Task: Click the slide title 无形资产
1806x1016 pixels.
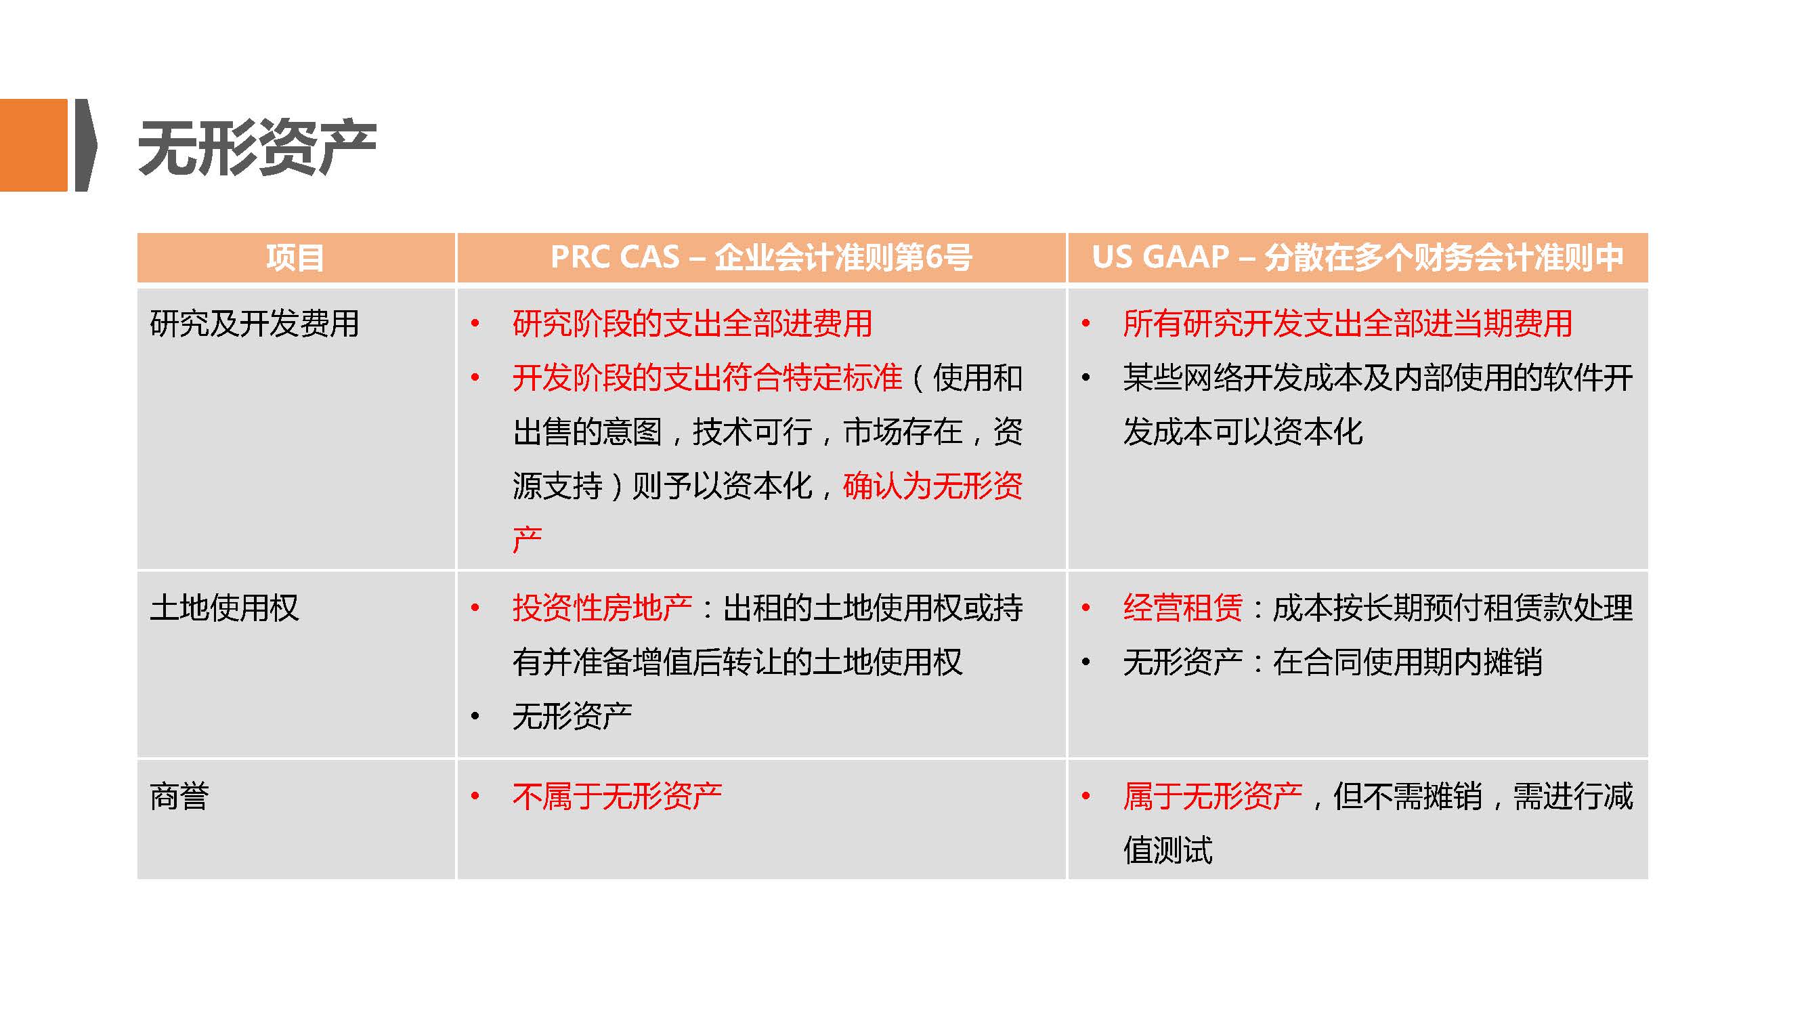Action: [257, 148]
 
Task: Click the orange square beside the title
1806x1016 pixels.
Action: [34, 145]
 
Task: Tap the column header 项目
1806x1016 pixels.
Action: [295, 257]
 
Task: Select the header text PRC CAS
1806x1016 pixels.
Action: [615, 257]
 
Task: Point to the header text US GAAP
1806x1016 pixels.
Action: [1160, 257]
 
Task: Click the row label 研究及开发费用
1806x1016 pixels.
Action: [255, 323]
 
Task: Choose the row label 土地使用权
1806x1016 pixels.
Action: [224, 607]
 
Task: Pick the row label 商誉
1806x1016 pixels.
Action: [179, 796]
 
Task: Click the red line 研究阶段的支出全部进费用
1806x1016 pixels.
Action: [692, 323]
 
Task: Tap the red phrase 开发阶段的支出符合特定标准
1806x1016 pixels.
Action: [707, 377]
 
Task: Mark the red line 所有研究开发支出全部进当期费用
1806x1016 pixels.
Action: [1348, 323]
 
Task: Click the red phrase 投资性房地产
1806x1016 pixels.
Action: [602, 607]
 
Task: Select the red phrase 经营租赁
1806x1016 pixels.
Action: [1183, 607]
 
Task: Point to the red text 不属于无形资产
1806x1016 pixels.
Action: [617, 796]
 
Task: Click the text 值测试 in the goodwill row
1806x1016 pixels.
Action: [1168, 850]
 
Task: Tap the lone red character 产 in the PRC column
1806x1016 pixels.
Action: [528, 539]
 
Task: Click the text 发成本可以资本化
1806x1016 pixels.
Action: [1243, 431]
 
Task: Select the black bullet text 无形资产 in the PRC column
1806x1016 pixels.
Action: [572, 715]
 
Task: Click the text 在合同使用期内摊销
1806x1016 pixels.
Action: [1408, 661]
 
